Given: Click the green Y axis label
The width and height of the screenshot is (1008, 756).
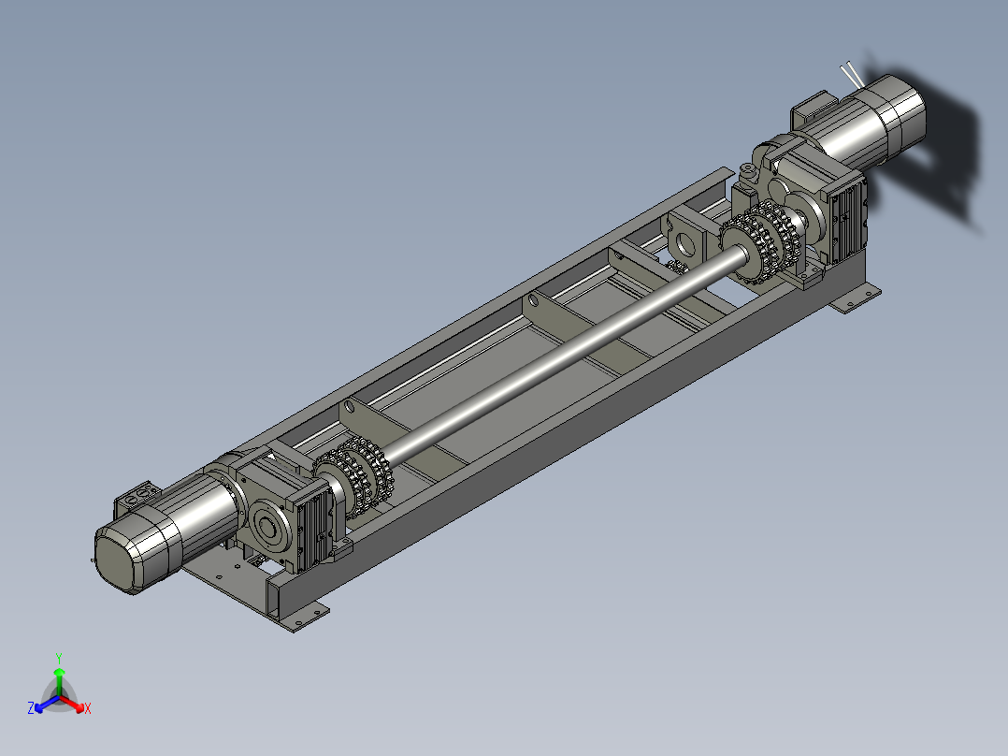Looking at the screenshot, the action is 59,658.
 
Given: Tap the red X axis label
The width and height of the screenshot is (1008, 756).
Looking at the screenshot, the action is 88,708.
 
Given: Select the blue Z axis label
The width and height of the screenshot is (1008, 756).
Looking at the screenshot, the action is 31,707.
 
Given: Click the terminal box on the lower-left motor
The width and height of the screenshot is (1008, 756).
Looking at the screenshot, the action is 137,499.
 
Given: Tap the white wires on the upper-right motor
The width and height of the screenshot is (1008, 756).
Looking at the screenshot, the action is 852,75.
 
